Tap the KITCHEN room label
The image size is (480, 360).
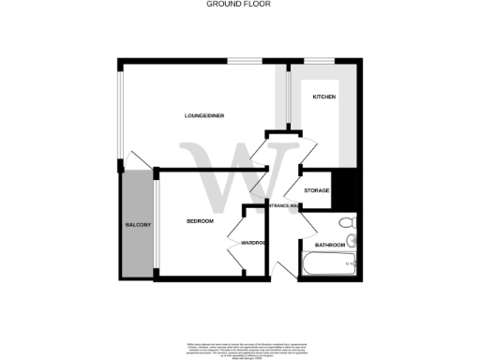pos(323,97)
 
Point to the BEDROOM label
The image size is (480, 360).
pos(200,221)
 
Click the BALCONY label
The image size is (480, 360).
pos(138,226)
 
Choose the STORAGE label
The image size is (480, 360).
pos(316,191)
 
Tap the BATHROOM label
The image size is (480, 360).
pos(330,245)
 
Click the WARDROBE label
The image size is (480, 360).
pos(255,243)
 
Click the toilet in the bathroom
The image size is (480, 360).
pos(348,223)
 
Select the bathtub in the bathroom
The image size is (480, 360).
pos(327,263)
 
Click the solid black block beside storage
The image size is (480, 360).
pos(343,188)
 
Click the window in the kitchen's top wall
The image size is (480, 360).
pos(319,62)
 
